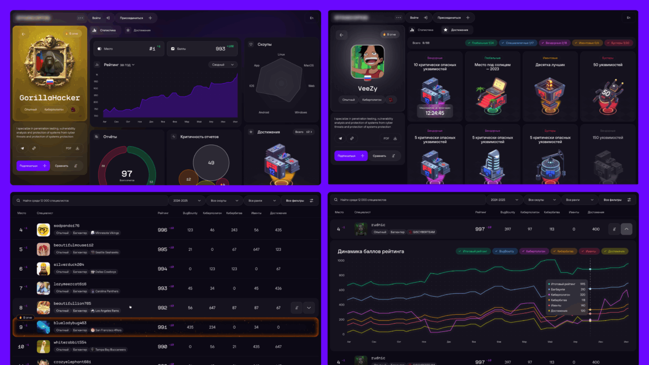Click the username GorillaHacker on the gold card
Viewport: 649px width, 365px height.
tap(50, 98)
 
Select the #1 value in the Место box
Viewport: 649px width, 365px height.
tap(152, 49)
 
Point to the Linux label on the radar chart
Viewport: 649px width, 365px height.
tap(281, 54)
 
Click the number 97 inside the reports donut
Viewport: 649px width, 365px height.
tap(127, 173)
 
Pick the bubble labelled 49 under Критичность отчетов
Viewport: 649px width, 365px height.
tap(211, 163)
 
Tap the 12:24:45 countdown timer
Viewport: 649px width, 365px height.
tap(435, 112)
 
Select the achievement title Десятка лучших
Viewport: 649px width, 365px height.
tap(551, 65)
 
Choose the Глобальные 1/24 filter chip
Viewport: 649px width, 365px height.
tap(481, 42)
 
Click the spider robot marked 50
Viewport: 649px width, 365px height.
tap(607, 93)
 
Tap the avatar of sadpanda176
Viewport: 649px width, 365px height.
tap(44, 229)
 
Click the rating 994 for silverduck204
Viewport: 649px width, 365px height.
tap(162, 269)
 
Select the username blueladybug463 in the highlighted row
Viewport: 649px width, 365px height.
tap(70, 323)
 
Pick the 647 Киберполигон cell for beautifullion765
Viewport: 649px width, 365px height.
tap(212, 308)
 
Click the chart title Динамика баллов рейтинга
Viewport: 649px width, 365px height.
tap(371, 251)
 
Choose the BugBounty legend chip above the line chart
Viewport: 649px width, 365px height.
tap(504, 251)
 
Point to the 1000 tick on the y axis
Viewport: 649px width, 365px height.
tap(341, 260)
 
